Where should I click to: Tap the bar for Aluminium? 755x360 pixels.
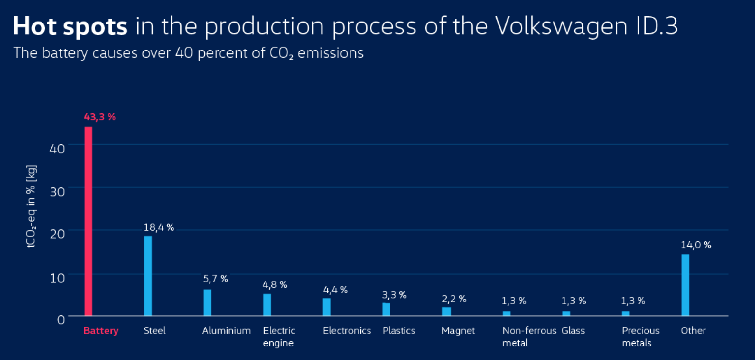(x=208, y=302)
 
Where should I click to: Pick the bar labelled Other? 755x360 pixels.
(x=685, y=285)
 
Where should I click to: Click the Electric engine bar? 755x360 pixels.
(x=267, y=304)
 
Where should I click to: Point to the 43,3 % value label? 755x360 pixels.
(x=99, y=117)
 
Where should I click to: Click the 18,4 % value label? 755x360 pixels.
(x=159, y=228)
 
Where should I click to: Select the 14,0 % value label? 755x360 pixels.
(x=696, y=245)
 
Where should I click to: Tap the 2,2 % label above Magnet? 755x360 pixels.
(x=454, y=299)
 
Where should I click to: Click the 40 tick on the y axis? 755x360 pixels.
(x=57, y=149)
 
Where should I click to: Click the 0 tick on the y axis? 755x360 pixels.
(x=61, y=320)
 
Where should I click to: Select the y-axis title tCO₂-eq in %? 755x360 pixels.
(x=31, y=206)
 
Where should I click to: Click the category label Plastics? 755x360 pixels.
(x=399, y=331)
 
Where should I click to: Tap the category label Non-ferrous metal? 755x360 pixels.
(x=529, y=337)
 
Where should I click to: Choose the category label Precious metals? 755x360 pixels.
(x=640, y=337)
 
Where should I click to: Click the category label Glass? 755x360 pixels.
(x=573, y=331)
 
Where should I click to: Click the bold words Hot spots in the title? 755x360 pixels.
(x=70, y=26)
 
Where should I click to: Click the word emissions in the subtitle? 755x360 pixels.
(x=331, y=53)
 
